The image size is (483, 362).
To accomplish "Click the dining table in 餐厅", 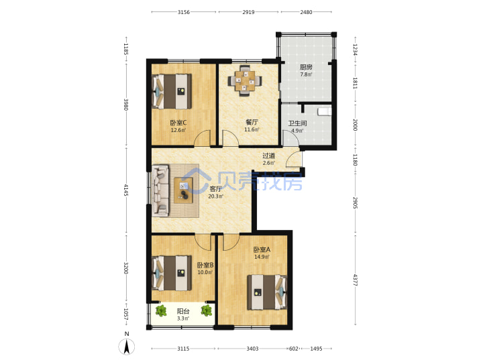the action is pos(245,80).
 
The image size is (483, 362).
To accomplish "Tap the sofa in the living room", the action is pos(160,190).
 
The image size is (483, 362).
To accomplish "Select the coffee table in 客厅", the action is pos(184,190).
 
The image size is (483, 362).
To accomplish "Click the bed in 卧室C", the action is pos(172,91).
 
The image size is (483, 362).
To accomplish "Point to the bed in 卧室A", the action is pos(268,292).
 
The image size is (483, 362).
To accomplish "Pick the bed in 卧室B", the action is pos(172,273).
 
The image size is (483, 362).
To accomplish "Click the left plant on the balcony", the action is pos(161,310).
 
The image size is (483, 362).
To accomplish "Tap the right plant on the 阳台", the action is pos(207,310).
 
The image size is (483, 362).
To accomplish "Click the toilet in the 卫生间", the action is pos(325,111).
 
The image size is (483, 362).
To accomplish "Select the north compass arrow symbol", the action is pos(127,346).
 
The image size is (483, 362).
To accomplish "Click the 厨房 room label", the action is pos(306,67).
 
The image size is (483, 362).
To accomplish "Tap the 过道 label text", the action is pos(268,156).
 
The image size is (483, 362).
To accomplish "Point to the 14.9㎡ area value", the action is pos(262,257).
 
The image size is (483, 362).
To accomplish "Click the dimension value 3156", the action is pos(184,12).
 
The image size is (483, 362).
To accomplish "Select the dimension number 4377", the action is pos(355,280).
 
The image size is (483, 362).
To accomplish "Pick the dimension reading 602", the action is pos(294,349).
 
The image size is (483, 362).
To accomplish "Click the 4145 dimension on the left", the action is pos(126,190).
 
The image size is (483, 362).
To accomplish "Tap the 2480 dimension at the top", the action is pos(306,12).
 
